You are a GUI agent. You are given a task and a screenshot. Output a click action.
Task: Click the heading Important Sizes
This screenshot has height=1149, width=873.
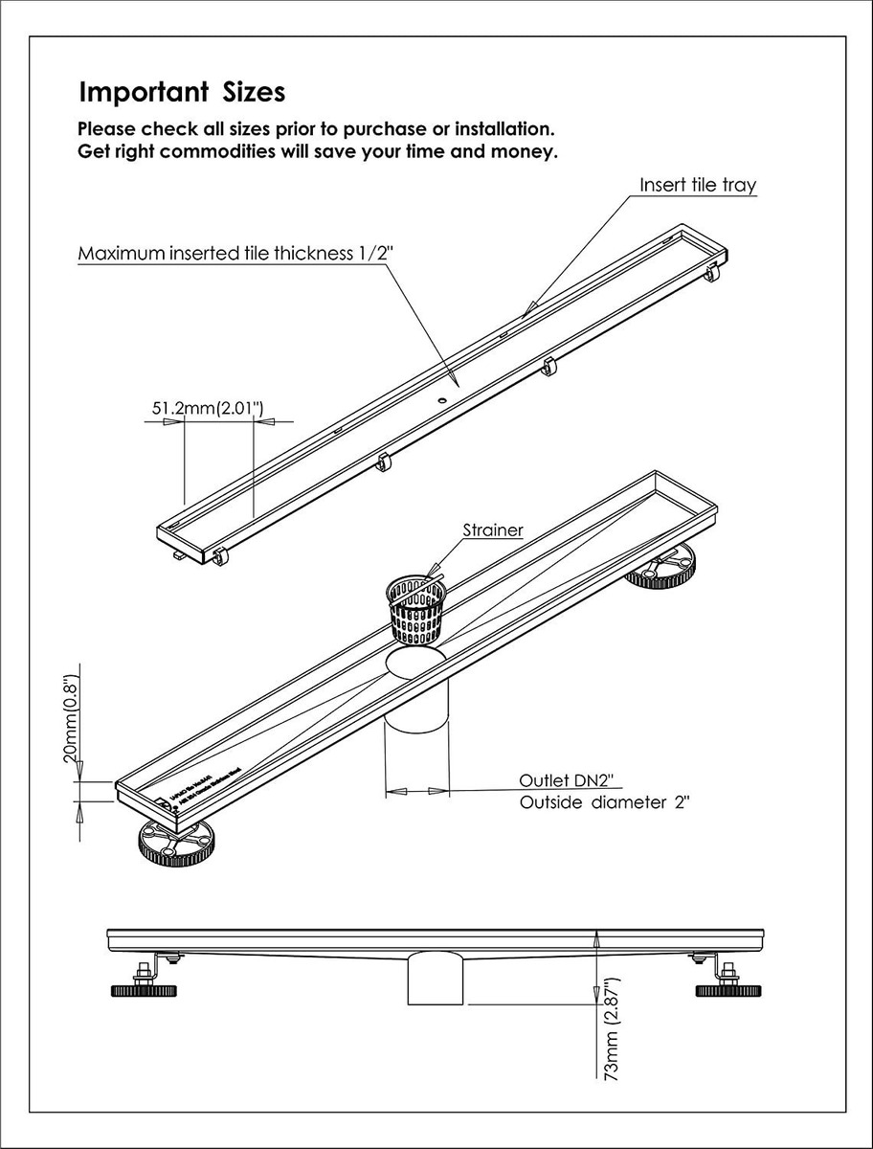pyautogui.click(x=181, y=93)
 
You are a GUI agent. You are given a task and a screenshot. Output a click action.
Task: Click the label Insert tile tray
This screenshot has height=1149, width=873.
pyautogui.click(x=698, y=186)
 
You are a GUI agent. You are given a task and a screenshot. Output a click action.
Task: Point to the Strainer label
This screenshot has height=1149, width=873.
pyautogui.click(x=493, y=529)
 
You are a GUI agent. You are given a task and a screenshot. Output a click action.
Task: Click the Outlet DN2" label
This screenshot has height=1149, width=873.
pyautogui.click(x=564, y=779)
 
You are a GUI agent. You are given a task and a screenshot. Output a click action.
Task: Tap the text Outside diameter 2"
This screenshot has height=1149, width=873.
pyautogui.click(x=605, y=802)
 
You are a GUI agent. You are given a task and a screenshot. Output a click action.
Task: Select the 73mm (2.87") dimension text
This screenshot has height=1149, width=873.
pyautogui.click(x=613, y=1029)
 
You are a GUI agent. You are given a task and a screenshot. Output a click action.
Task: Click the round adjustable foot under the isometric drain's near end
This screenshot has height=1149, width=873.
pyautogui.click(x=178, y=840)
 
